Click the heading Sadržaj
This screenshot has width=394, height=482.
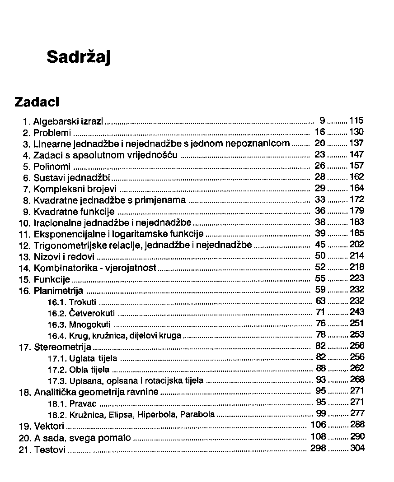click(79, 58)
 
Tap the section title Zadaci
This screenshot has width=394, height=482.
click(37, 102)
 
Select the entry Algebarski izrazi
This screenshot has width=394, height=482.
click(68, 121)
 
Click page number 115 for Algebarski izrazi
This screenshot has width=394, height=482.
click(356, 120)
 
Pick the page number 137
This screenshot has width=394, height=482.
click(356, 143)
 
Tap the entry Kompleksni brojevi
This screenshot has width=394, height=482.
click(75, 189)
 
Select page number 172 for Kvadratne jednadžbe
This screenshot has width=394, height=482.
click(356, 199)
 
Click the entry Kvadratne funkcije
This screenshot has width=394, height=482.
click(74, 211)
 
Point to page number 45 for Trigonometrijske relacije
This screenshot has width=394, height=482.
click(320, 245)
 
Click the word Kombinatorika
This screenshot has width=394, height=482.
click(64, 268)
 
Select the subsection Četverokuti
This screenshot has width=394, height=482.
click(92, 313)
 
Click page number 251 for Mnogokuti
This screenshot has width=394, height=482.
click(356, 323)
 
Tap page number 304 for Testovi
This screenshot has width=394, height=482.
click(356, 448)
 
